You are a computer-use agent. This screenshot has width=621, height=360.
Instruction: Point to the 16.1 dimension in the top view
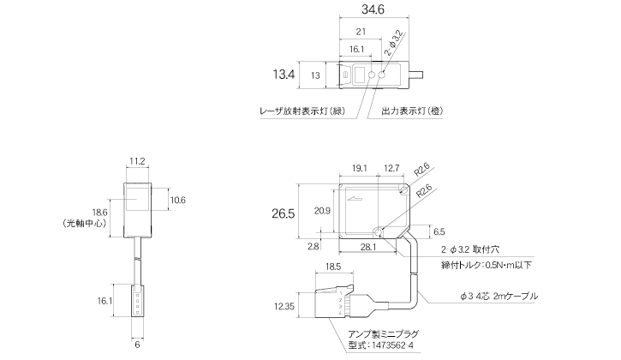click(356, 50)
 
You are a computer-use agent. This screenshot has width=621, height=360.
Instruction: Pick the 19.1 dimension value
click(360, 168)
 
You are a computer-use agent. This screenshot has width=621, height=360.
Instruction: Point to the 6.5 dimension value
click(439, 231)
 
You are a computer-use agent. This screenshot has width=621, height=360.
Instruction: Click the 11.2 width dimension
click(138, 160)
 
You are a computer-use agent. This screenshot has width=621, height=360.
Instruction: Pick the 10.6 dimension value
click(177, 200)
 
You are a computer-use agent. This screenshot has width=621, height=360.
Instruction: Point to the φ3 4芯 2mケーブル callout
click(499, 297)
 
